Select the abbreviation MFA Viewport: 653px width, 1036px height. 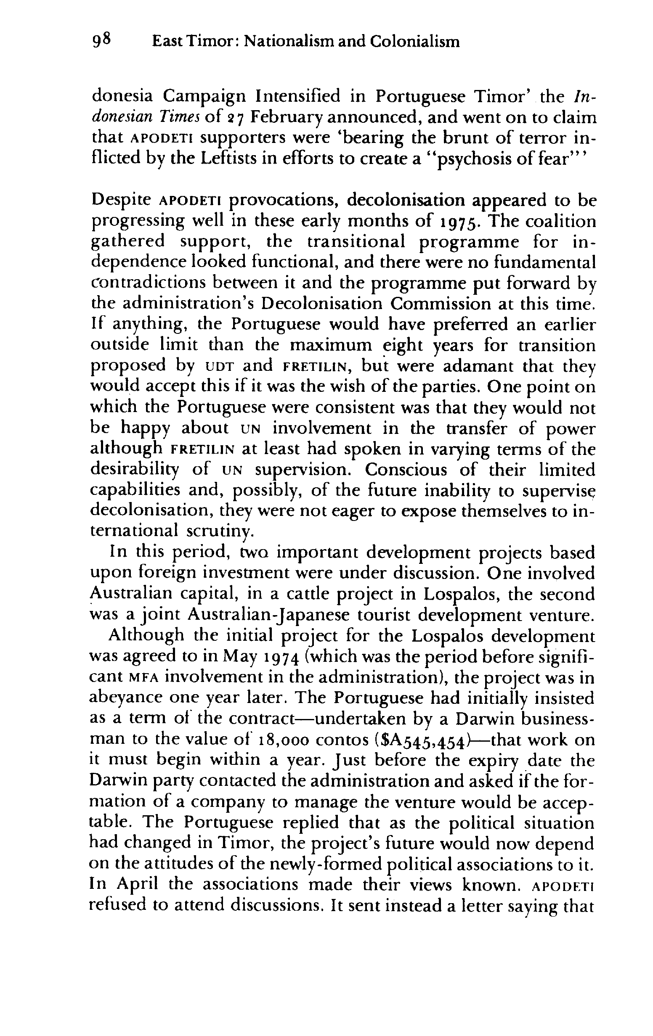144,677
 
